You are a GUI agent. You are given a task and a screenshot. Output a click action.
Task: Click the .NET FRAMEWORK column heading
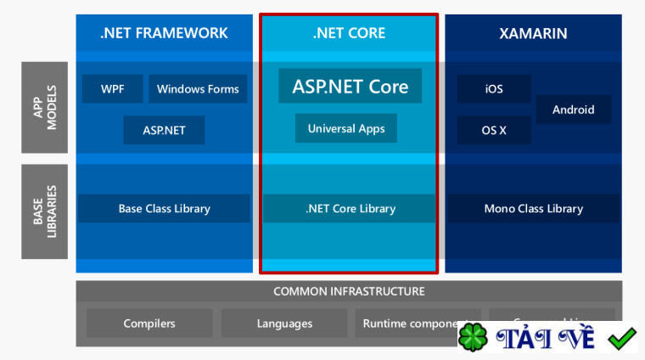click(164, 33)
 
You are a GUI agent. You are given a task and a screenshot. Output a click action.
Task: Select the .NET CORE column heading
click(349, 33)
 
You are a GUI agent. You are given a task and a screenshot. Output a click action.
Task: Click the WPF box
click(113, 89)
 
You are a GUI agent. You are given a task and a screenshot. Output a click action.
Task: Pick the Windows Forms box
click(198, 89)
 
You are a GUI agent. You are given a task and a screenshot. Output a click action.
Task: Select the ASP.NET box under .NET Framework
click(164, 131)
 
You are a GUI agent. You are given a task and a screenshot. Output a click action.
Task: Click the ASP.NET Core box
click(350, 86)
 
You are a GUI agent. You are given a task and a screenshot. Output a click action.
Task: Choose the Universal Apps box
click(346, 129)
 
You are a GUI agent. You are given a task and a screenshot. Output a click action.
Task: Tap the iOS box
click(494, 89)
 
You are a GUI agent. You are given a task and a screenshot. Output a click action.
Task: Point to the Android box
click(574, 110)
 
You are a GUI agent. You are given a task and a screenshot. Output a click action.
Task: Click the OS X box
click(494, 131)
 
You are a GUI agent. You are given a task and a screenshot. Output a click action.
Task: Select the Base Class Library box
click(164, 209)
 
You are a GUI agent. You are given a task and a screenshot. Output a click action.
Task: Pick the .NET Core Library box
click(349, 209)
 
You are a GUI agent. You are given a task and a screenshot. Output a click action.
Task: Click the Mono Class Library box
click(533, 209)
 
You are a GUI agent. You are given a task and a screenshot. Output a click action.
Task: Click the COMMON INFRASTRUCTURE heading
click(349, 291)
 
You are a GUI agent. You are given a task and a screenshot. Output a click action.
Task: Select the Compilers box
click(149, 323)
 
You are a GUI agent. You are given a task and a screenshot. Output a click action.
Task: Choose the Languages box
click(284, 323)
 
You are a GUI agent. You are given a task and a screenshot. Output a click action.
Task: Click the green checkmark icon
click(622, 337)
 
